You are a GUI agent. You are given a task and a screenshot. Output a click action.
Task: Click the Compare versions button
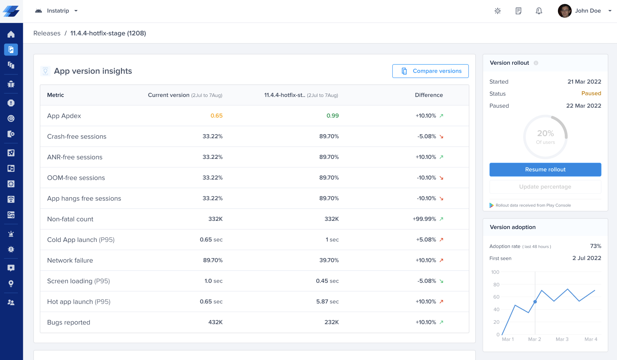(430, 71)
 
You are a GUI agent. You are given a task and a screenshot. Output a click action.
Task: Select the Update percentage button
(545, 187)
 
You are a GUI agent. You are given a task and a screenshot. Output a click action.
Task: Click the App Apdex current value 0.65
(217, 116)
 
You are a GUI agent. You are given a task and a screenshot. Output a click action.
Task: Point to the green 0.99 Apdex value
(332, 116)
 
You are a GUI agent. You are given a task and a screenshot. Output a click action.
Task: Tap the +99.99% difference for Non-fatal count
(424, 219)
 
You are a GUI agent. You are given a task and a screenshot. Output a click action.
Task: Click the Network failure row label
(70, 261)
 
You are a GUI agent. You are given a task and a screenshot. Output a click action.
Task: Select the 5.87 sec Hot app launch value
(327, 302)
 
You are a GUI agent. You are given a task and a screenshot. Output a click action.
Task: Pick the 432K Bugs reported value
(215, 322)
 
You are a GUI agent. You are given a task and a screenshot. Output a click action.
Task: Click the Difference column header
(429, 95)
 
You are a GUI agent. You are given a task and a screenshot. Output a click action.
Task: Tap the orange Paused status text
(591, 93)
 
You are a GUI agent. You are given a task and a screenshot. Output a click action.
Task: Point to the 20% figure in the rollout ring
(545, 133)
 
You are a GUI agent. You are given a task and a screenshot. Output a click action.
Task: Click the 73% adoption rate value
(596, 246)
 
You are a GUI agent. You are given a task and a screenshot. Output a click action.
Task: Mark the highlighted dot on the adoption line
(535, 302)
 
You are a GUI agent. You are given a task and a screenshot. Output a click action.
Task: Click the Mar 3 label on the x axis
(562, 339)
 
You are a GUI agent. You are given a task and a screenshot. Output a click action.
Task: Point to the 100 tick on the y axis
(495, 272)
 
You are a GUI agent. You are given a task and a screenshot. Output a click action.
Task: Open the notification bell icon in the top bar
(539, 11)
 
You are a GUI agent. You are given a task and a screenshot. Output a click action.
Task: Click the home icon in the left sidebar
(11, 34)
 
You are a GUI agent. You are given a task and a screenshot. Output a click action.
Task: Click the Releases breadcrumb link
(47, 33)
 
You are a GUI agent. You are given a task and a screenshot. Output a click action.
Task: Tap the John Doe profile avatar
(564, 11)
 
